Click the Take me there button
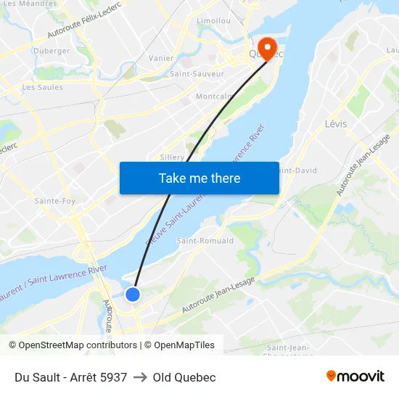[x=199, y=178]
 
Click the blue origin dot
[x=133, y=294]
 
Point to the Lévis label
[x=336, y=123]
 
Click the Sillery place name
[x=172, y=157]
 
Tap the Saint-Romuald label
[x=205, y=241]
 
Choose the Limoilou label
[x=213, y=21]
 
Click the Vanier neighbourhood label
[x=160, y=58]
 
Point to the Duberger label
[x=52, y=51]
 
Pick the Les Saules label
[x=42, y=87]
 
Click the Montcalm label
[x=215, y=96]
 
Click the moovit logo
[x=355, y=376]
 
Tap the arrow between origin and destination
[x=140, y=377]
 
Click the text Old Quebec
[x=184, y=377]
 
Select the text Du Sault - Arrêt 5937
[x=70, y=377]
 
